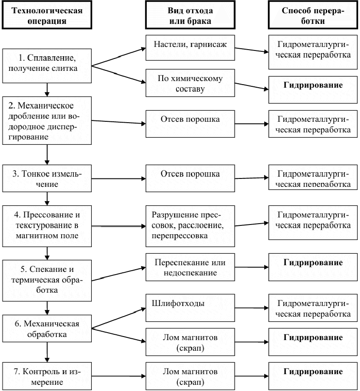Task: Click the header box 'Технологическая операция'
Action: click(47, 15)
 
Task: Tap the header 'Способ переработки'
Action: click(313, 15)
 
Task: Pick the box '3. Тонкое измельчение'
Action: click(47, 178)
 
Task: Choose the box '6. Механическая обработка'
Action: click(47, 329)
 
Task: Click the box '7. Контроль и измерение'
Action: click(47, 375)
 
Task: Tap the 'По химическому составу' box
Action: click(189, 83)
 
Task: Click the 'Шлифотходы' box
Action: click(189, 305)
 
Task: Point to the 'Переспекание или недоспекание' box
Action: click(189, 268)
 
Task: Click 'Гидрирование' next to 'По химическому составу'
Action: click(313, 85)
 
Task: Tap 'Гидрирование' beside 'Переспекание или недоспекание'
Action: click(313, 263)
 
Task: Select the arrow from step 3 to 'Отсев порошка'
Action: click(119, 178)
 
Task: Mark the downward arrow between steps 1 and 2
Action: click(47, 89)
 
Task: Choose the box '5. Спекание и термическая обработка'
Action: click(47, 280)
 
